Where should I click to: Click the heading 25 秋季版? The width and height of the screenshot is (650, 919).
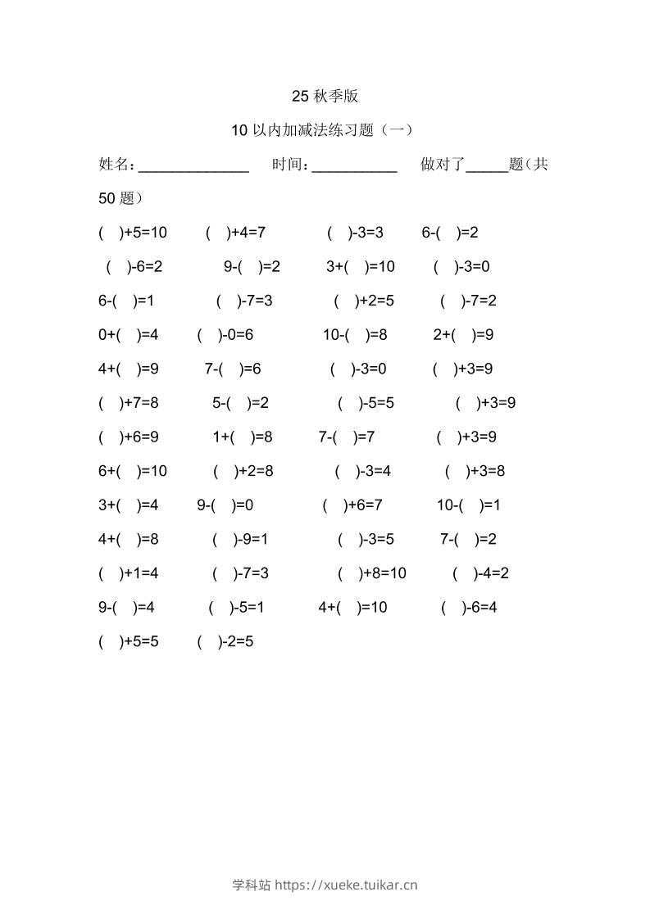325,96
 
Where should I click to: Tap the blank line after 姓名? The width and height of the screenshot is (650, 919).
193,167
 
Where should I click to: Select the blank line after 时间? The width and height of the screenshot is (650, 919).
355,167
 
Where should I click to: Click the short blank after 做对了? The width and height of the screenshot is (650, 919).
487,167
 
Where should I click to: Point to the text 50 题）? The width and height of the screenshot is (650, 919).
120,198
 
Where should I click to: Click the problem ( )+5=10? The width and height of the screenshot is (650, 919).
133,233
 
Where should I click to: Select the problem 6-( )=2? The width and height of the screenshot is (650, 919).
450,233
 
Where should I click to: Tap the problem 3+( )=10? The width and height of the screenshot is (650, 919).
361,267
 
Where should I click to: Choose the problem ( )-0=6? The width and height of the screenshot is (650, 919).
225,335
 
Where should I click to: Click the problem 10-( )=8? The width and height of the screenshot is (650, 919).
355,335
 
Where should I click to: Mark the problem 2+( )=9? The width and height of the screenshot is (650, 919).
463,335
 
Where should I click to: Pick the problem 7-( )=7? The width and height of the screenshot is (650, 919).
347,437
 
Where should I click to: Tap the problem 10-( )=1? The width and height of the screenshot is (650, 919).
468,505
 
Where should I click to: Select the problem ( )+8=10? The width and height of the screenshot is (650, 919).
371,573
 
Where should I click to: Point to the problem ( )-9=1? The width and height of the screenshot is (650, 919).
240,540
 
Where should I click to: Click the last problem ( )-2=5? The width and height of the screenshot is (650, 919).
225,642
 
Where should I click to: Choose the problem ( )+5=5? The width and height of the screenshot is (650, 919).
129,642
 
